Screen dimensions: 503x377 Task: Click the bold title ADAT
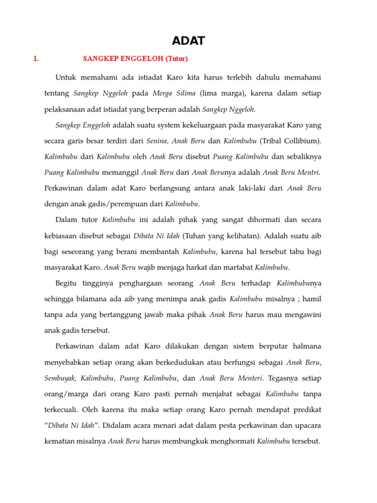[188, 41]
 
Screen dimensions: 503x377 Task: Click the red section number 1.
[35, 59]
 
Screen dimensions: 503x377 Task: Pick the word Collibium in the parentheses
[297, 141]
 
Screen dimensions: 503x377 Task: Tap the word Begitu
[67, 283]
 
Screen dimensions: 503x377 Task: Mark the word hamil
[313, 299]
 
